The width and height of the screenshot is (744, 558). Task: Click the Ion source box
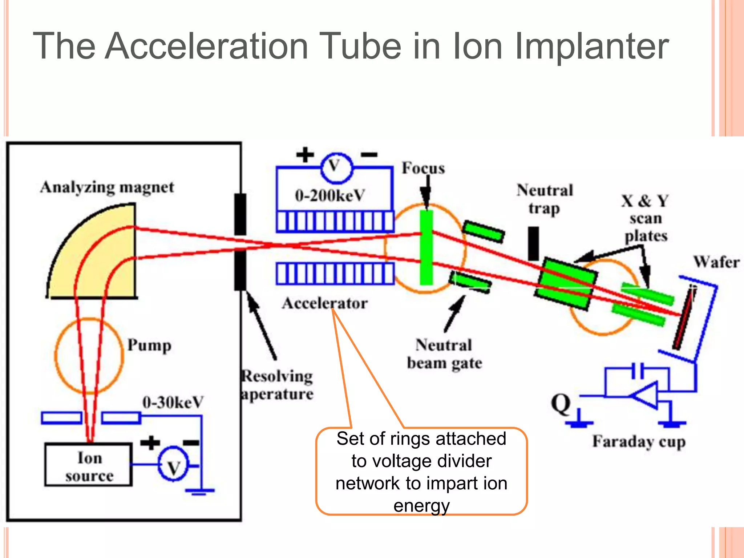click(88, 465)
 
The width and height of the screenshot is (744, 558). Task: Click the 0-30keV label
click(173, 402)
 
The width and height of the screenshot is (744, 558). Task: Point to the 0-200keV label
click(329, 195)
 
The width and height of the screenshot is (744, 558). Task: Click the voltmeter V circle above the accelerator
click(336, 167)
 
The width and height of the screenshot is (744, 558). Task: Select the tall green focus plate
click(426, 247)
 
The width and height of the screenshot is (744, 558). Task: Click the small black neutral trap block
click(533, 243)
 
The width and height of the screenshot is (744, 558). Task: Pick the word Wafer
click(716, 262)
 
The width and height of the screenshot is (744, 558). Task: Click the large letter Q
click(561, 404)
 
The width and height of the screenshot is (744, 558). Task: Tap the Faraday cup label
click(639, 442)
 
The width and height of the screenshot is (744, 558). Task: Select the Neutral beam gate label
click(444, 354)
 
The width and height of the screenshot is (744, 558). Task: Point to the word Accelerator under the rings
click(325, 303)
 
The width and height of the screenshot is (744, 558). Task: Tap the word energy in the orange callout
click(421, 505)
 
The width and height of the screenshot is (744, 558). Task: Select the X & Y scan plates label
click(645, 218)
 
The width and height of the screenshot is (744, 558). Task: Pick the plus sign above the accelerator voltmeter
click(304, 155)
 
